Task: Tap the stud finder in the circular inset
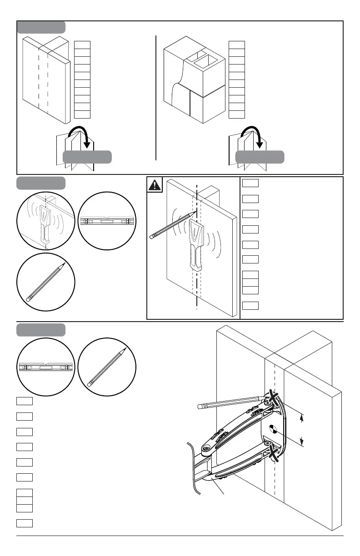click(45, 223)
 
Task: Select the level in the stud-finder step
click(107, 221)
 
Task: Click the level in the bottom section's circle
click(45, 367)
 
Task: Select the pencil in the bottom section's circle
click(107, 367)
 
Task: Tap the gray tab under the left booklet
click(87, 157)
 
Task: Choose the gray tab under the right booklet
click(260, 157)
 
